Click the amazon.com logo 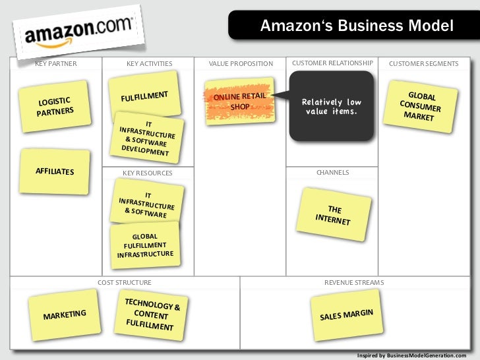[78, 31]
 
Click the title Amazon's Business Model [357, 26]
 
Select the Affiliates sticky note [55, 171]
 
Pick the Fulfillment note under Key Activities [144, 97]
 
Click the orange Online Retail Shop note [239, 101]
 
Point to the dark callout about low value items [331, 106]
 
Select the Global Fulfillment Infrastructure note [145, 245]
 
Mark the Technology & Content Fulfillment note [152, 314]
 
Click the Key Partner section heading [55, 64]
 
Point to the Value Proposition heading [240, 64]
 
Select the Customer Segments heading [423, 64]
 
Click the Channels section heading [332, 173]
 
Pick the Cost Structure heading [124, 282]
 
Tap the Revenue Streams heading [353, 282]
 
